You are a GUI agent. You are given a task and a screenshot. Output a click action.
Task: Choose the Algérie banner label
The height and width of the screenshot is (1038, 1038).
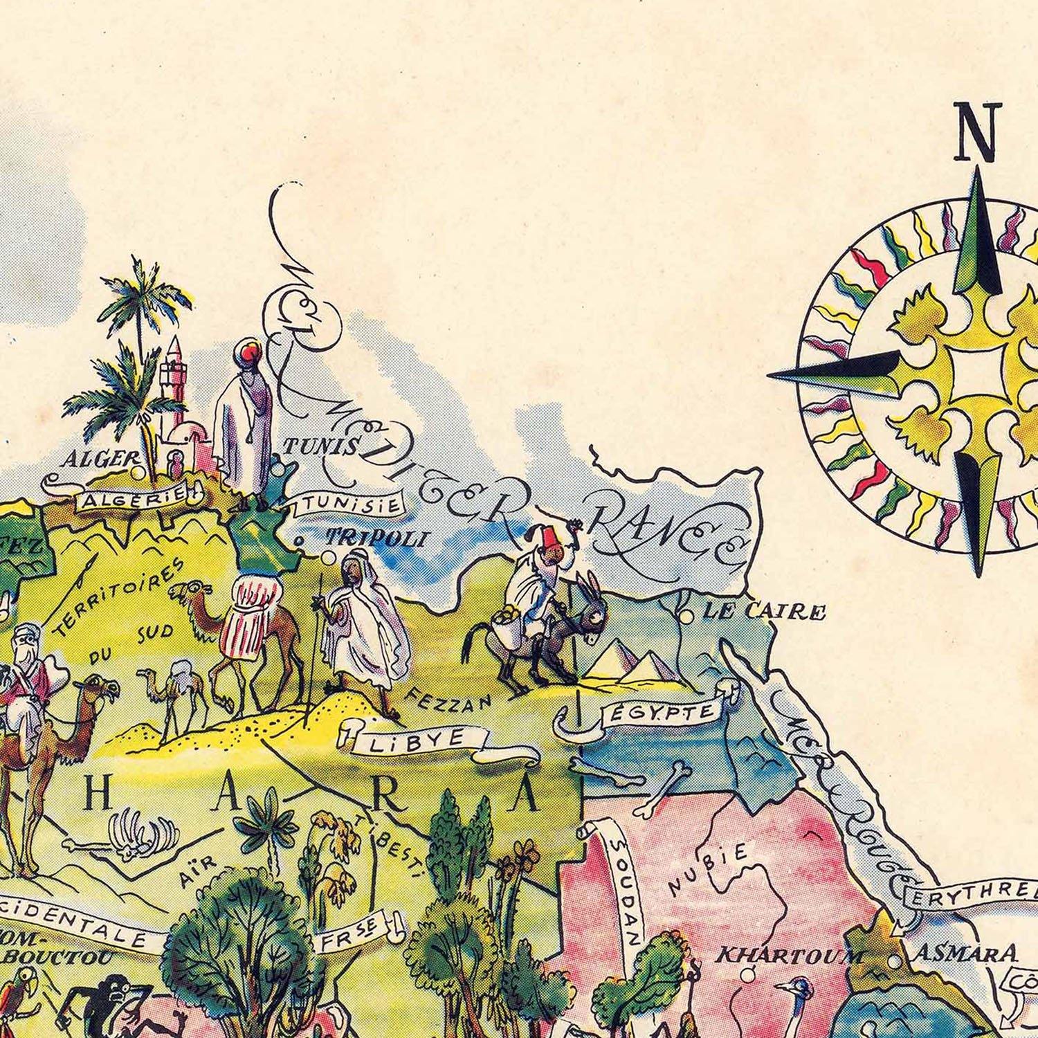[x=131, y=500]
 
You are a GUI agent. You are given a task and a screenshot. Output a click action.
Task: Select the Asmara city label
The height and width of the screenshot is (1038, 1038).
[x=967, y=954]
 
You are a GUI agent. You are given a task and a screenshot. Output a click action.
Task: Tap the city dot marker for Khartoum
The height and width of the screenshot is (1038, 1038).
[x=747, y=975]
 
